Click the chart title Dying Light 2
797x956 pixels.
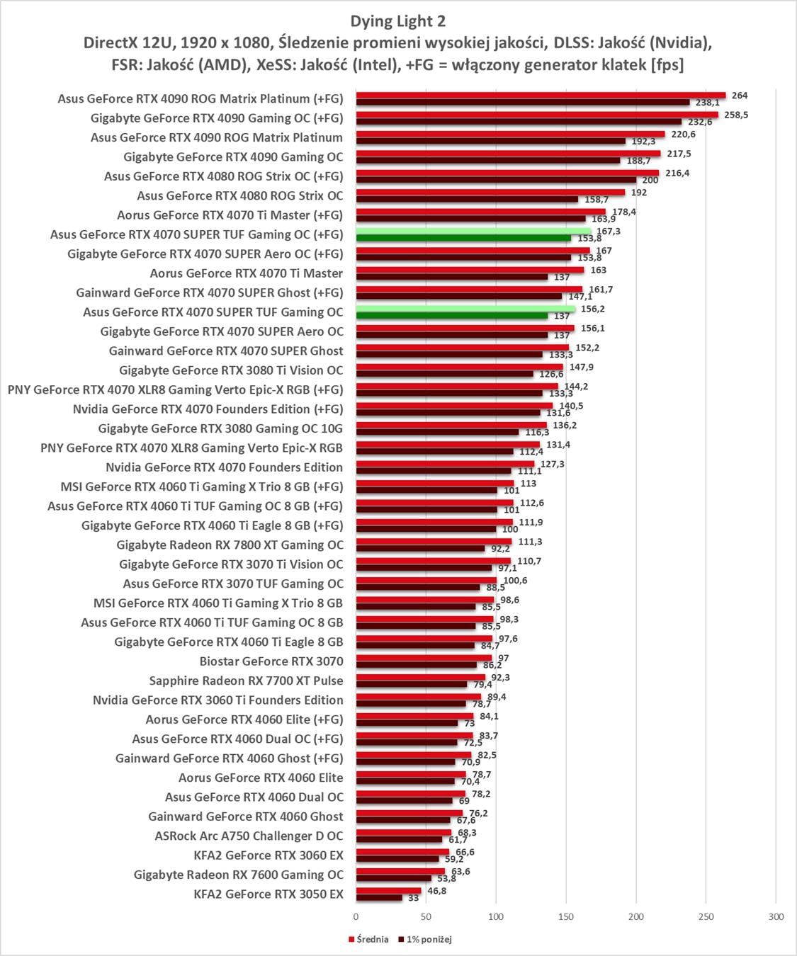pos(398,21)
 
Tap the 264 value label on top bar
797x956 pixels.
pos(740,96)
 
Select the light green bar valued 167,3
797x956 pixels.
pos(473,231)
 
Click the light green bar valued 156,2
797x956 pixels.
pos(465,309)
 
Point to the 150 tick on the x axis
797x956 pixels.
pos(565,916)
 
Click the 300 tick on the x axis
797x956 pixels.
pos(776,916)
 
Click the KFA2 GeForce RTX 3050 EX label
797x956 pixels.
pos(269,894)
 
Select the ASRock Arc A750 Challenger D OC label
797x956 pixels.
pos(249,836)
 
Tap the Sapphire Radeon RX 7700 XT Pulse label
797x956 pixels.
pos(246,681)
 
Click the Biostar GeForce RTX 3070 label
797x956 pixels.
pos(271,661)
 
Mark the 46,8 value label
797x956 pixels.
pos(436,891)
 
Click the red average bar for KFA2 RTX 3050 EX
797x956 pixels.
pos(388,891)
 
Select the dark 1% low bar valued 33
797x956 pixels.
pos(379,898)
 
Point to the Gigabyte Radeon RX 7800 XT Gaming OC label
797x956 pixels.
pos(230,545)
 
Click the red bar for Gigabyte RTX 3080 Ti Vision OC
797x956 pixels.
pos(459,367)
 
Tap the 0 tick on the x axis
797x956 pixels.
pos(356,916)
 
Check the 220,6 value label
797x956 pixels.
pos(683,135)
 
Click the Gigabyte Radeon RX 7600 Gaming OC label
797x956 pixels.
pos(238,875)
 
